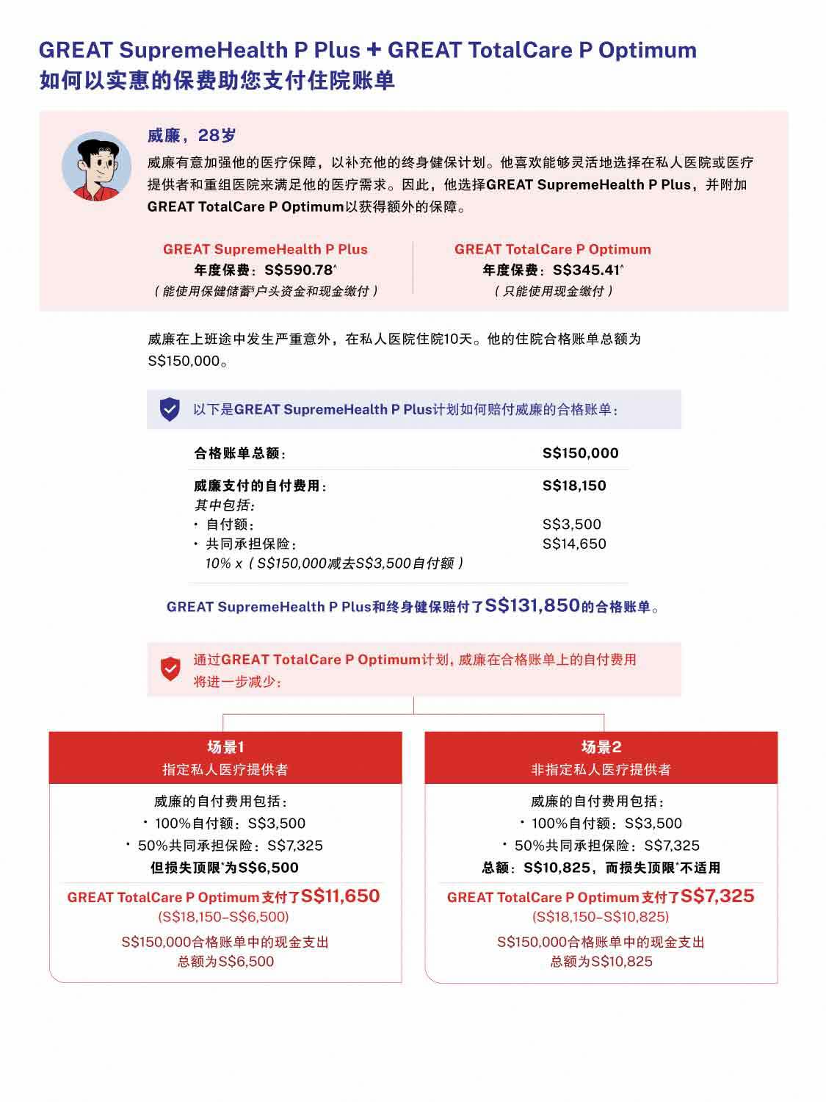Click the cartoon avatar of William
96,166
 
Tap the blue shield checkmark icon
170,409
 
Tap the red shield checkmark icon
170,669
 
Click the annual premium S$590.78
299,270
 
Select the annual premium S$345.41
587,270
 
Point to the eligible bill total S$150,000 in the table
580,453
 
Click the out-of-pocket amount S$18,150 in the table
574,486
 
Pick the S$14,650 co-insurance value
574,544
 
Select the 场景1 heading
225,747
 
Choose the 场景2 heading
601,747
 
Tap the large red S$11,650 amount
341,896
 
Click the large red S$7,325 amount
717,896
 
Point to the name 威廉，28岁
192,135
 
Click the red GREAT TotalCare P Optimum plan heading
552,249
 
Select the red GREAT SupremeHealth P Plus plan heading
265,249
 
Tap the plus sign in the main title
374,50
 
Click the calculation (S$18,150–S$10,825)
601,917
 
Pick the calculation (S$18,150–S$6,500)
223,917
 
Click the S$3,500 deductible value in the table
571,524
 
